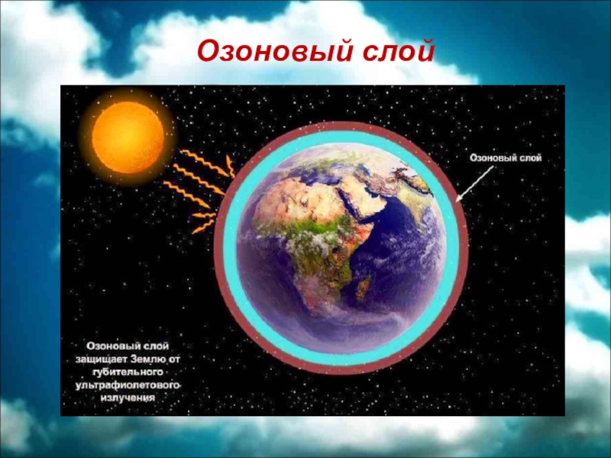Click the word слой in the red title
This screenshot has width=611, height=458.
(398, 52)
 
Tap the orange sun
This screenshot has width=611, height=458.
(128, 137)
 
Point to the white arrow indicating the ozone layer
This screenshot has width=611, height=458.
(474, 184)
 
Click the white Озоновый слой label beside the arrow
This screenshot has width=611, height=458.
(506, 158)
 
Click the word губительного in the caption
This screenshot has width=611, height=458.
(128, 372)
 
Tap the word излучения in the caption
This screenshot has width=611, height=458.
(128, 398)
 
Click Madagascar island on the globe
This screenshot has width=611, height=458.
(364, 288)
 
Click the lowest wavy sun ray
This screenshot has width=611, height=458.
(203, 227)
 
